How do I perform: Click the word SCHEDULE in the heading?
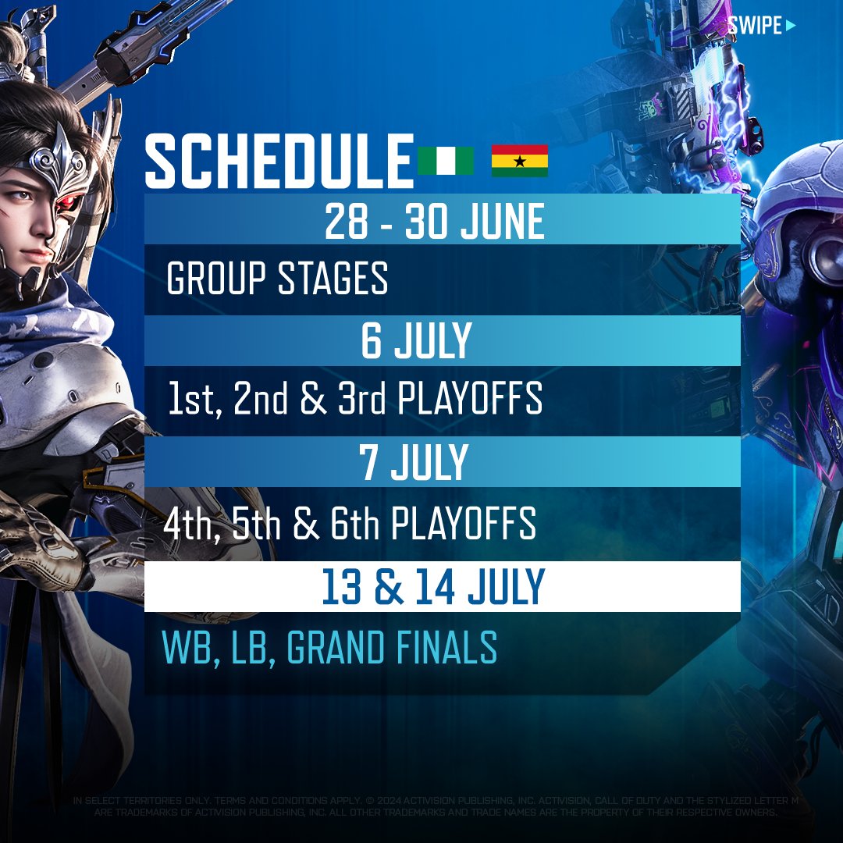pos(279,162)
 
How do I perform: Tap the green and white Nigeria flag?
pos(446,161)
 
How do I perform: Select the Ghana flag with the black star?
pos(519,161)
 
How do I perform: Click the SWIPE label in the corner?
pos(755,26)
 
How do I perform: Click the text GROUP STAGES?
pos(277,279)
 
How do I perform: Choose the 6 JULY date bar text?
pos(416,341)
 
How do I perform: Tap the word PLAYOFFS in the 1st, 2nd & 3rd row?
pos(470,400)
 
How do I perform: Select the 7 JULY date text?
pos(414,462)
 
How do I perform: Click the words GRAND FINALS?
pos(392,648)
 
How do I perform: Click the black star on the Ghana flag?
pos(519,161)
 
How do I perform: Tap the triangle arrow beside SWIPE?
pos(791,26)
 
